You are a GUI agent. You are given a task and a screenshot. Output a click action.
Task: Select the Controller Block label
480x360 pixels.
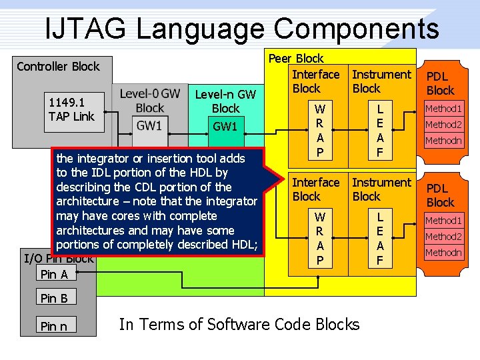[x=58, y=66]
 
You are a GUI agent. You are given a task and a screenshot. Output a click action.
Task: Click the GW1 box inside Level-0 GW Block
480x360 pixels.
[x=150, y=125]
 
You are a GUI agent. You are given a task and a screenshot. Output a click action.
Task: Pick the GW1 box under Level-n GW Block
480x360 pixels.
[x=225, y=126]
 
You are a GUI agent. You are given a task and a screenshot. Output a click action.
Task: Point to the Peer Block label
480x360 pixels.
[x=296, y=59]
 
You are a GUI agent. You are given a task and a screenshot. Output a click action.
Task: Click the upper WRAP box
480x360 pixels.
[x=319, y=131]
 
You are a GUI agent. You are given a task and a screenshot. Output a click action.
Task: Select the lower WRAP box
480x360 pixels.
[x=319, y=238]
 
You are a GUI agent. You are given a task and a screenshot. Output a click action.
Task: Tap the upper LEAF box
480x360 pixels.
[x=380, y=131]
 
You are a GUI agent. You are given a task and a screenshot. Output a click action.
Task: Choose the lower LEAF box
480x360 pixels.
[x=380, y=238]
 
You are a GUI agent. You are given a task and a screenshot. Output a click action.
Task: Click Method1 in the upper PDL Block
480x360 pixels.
[x=443, y=108]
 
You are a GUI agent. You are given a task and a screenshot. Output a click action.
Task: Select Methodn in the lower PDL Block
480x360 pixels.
[x=443, y=253]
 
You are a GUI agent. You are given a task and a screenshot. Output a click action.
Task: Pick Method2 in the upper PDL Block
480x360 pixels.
[x=443, y=125]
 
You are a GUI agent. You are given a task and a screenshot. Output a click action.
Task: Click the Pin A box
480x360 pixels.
[x=54, y=274]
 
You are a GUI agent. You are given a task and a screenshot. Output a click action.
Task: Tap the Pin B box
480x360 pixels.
[x=54, y=298]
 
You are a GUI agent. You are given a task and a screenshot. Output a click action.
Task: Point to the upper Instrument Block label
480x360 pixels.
[x=381, y=81]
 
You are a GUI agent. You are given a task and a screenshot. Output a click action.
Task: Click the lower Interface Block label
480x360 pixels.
[x=316, y=189]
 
